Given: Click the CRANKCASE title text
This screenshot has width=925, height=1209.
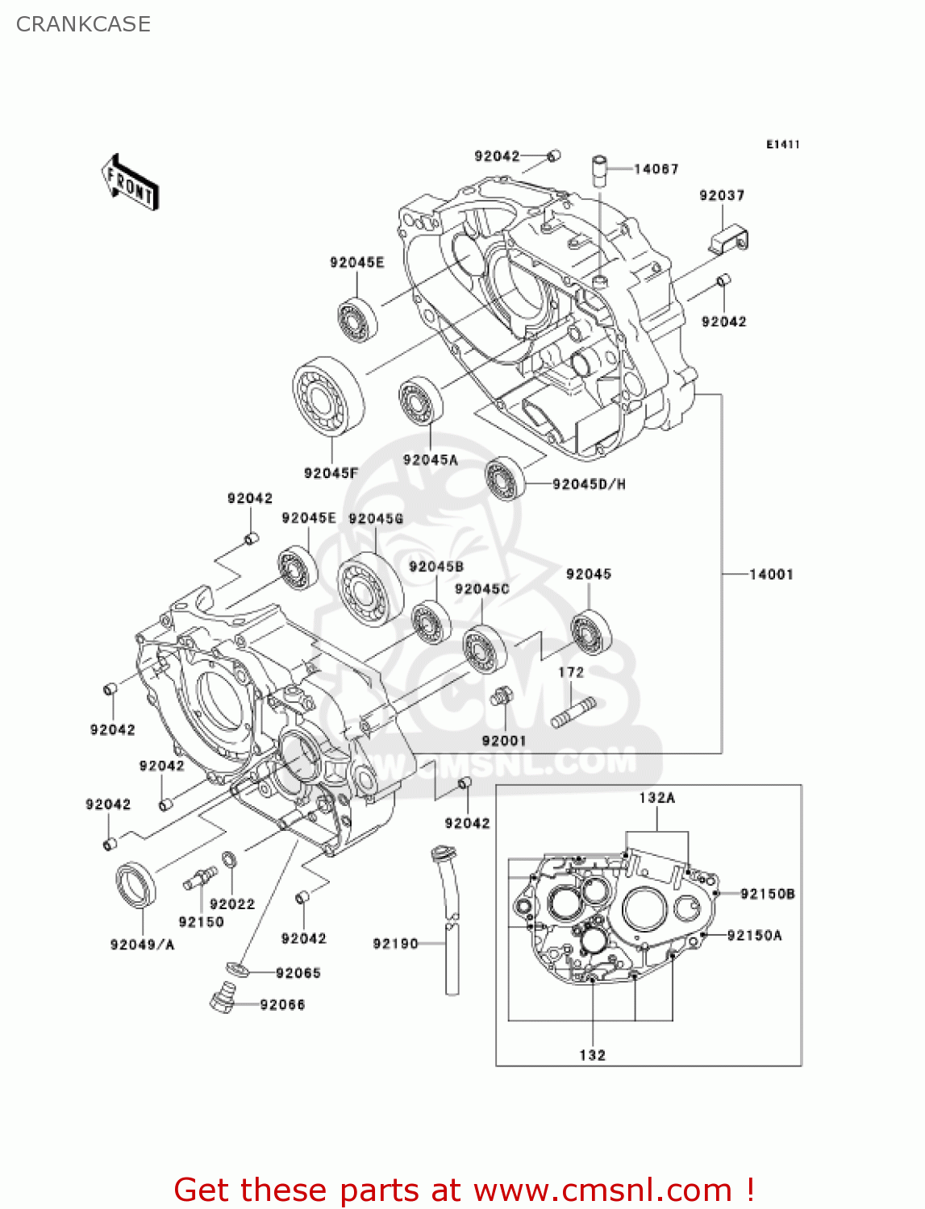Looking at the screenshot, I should click(83, 24).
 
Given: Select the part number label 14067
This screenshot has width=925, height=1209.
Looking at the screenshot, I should click(656, 168).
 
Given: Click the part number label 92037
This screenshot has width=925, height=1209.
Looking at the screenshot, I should click(722, 195).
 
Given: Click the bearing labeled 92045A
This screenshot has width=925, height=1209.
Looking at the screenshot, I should click(420, 401).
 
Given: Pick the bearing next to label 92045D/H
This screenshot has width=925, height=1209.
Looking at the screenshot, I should click(506, 477).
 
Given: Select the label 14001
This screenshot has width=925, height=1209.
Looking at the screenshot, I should click(771, 574).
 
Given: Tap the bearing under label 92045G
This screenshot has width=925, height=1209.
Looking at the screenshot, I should click(370, 588).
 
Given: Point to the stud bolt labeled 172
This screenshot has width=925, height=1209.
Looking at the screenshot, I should click(573, 713).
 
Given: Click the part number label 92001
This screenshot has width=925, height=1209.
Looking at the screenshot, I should click(503, 740).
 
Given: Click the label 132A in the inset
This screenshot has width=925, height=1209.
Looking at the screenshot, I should click(656, 797).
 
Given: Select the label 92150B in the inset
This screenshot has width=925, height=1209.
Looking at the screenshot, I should click(767, 893).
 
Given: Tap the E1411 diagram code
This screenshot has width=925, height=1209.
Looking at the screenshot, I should click(782, 144).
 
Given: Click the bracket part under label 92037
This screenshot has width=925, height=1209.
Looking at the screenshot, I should click(730, 239).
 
